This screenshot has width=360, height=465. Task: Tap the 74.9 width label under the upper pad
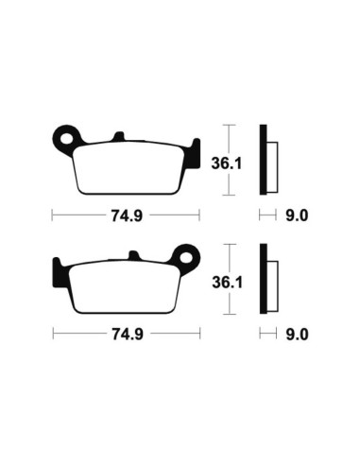coord(127,215)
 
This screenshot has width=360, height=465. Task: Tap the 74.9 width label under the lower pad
coord(128,335)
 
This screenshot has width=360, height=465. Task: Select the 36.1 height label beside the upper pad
coord(226,164)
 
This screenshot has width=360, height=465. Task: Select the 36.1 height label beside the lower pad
coord(227,283)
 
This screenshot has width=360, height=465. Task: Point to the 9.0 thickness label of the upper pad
coord(297,215)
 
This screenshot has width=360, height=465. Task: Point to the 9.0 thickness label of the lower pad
coord(297,335)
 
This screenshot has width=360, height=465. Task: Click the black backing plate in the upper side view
coord(263,160)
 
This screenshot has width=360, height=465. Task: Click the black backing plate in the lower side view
coord(264,279)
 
